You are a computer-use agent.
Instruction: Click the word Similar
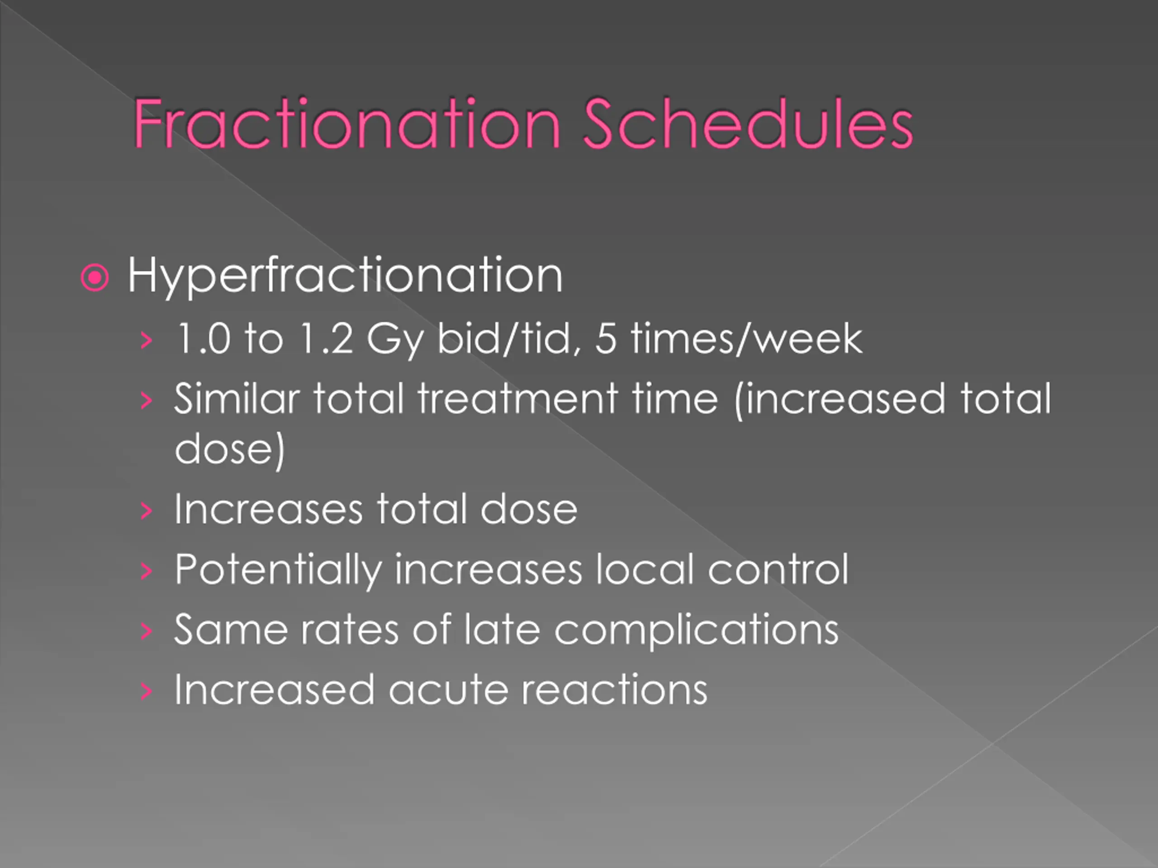point(237,398)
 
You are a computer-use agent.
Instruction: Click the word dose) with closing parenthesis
point(229,449)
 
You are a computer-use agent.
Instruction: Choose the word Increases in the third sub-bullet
point(268,509)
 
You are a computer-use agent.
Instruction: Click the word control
point(778,569)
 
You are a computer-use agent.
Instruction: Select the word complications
point(696,631)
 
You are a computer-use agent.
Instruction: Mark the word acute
point(448,689)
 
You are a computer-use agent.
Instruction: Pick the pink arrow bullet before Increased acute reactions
point(147,691)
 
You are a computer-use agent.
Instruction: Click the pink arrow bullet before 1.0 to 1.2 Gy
point(147,340)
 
